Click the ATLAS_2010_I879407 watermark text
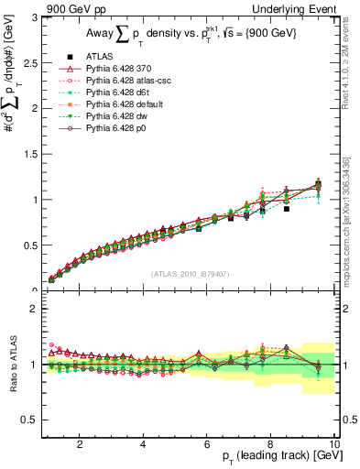coord(190,273)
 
